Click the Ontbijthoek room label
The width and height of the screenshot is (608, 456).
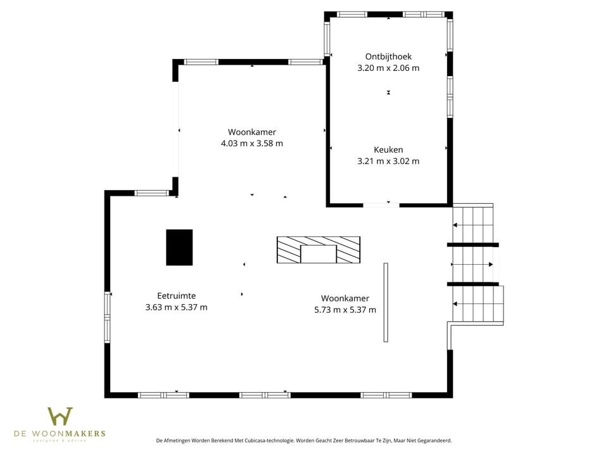tap(388, 56)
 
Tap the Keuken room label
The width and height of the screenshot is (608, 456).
tap(388, 149)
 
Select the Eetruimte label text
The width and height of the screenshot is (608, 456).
tap(176, 296)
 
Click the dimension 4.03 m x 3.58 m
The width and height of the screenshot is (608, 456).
tap(251, 143)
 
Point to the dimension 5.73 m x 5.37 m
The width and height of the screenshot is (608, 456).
tap(345, 310)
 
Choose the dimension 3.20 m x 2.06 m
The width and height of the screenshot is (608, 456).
tap(388, 68)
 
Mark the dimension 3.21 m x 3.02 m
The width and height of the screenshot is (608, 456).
tap(388, 161)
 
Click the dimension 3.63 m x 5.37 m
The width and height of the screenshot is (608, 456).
tap(176, 307)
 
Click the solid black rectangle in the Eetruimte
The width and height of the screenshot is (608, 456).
tap(179, 248)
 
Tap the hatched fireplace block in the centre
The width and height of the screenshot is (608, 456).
tap(318, 250)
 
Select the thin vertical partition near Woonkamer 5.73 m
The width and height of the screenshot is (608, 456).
tap(386, 302)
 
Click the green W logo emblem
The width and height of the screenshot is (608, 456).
tap(60, 416)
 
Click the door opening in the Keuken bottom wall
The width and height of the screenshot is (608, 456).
tap(381, 205)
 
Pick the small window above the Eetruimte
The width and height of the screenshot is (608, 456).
tap(151, 193)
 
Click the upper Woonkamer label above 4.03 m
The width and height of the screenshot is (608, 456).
tap(251, 132)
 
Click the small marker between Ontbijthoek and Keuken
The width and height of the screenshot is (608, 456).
tap(388, 92)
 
